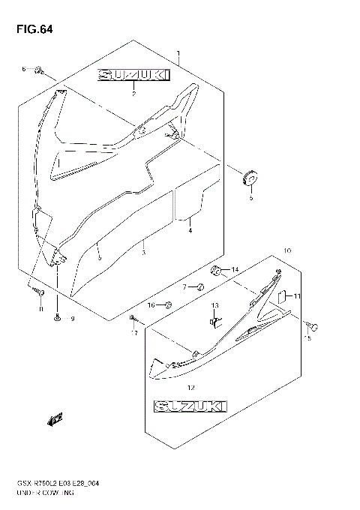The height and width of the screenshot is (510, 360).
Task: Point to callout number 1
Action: (x=178, y=53)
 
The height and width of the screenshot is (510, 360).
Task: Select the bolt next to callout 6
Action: (x=41, y=71)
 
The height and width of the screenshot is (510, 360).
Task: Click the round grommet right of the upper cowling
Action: (x=249, y=179)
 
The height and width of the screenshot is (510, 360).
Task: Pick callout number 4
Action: (x=190, y=231)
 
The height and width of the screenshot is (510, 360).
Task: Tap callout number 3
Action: (x=143, y=253)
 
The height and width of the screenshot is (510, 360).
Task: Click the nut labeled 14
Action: (x=215, y=269)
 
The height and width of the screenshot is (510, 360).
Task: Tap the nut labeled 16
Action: (x=168, y=304)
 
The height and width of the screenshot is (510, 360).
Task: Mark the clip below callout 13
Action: (x=214, y=321)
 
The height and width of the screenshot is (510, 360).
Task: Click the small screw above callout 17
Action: (x=133, y=319)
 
